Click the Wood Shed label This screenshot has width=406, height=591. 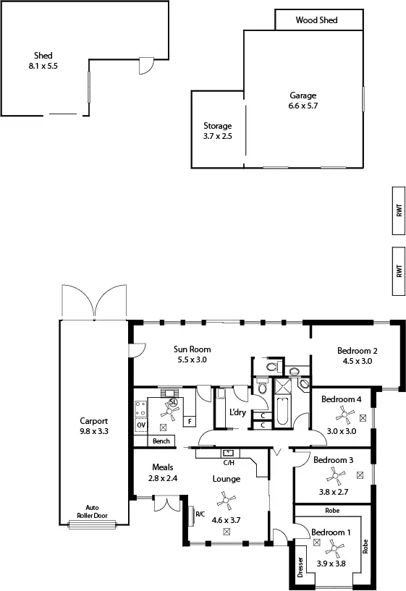tap(316, 20)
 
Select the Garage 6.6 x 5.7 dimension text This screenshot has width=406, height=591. tap(303, 106)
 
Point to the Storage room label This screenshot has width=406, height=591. tap(217, 125)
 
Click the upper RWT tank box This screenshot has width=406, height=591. tap(399, 211)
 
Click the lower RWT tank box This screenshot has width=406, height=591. tap(399, 271)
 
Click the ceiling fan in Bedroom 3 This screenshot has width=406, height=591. tap(337, 475)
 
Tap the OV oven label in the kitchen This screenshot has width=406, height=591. tap(140, 425)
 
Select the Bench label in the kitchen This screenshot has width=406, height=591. tap(161, 441)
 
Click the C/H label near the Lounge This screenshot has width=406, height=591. tap(228, 462)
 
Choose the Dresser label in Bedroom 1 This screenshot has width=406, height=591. tap(300, 569)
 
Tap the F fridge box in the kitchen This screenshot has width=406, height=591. tap(190, 421)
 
